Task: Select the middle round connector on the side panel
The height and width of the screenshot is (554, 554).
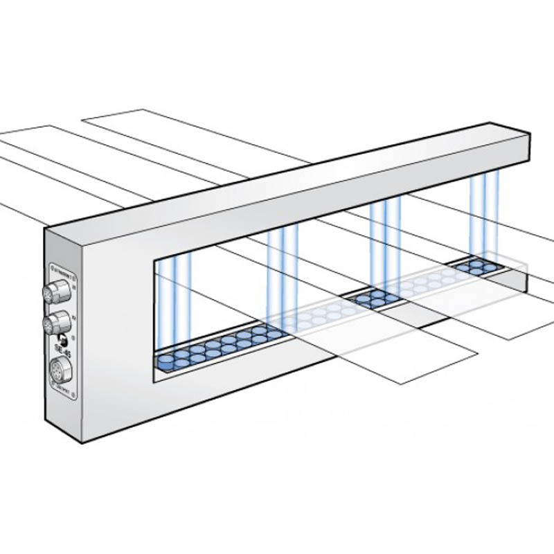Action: point(57,322)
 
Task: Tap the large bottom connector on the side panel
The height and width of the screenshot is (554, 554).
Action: point(60,370)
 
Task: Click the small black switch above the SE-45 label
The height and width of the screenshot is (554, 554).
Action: point(62,339)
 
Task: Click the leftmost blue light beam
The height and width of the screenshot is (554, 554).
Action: point(166,305)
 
